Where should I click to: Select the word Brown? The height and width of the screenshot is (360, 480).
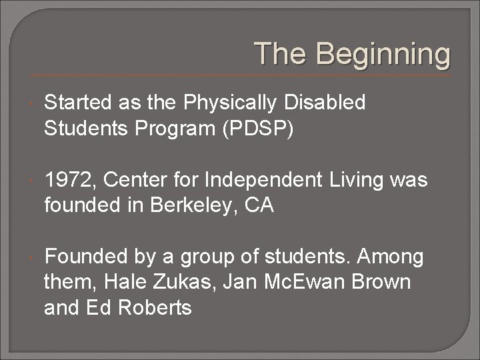pyautogui.click(x=378, y=282)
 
